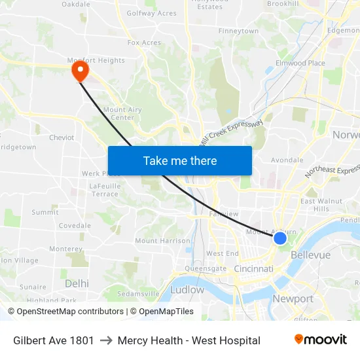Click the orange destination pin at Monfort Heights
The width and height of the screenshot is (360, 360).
pyautogui.click(x=80, y=71)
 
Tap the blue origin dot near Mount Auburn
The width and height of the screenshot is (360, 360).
pyautogui.click(x=279, y=238)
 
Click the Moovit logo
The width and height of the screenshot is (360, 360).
pyautogui.click(x=320, y=340)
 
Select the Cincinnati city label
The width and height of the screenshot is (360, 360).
pyautogui.click(x=253, y=268)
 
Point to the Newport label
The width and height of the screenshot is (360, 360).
pyautogui.click(x=293, y=299)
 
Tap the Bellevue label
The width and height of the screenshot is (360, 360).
pyautogui.click(x=310, y=255)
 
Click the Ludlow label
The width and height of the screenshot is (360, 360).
pyautogui.click(x=187, y=289)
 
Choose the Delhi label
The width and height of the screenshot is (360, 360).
pyautogui.click(x=77, y=283)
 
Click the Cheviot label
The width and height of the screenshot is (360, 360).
pyautogui.click(x=62, y=137)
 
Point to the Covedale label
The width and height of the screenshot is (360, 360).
pyautogui.click(x=75, y=226)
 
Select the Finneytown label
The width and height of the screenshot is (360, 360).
pyautogui.click(x=238, y=31)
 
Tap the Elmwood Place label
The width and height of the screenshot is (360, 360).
pyautogui.click(x=300, y=63)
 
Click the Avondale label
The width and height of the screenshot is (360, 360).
pyautogui.click(x=287, y=160)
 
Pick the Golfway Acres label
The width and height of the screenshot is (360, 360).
pyautogui.click(x=151, y=13)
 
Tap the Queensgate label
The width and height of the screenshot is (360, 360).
pyautogui.click(x=206, y=268)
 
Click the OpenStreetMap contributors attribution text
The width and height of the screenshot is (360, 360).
pyautogui.click(x=67, y=312)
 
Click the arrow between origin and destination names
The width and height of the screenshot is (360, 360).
pyautogui.click(x=106, y=340)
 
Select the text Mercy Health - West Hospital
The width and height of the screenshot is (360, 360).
pyautogui.click(x=189, y=340)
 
